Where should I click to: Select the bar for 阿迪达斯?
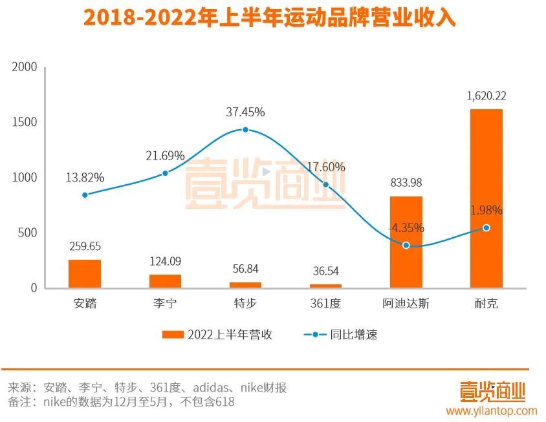click(406, 242)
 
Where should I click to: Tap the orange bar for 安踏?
click(85, 273)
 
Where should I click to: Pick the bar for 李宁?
click(165, 281)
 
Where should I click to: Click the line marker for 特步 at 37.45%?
click(245, 129)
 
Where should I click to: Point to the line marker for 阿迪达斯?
click(406, 246)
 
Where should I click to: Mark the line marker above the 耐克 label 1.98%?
click(486, 227)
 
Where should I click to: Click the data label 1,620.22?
click(486, 96)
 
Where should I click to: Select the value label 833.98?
click(406, 183)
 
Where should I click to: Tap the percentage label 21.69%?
click(165, 156)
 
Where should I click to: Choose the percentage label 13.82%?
click(85, 177)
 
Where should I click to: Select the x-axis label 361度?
click(325, 303)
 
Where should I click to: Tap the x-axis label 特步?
click(245, 303)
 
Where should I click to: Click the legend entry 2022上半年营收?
click(217, 335)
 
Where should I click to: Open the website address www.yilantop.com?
click(491, 410)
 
